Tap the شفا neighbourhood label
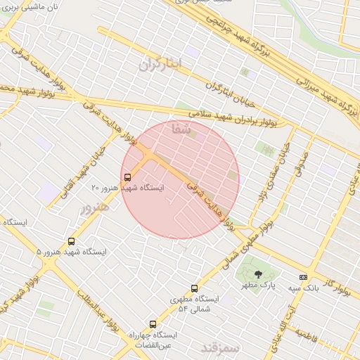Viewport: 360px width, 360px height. pyautogui.click(x=181, y=129)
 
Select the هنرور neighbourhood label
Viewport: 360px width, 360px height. pyautogui.click(x=95, y=207)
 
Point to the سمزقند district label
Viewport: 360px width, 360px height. pyautogui.click(x=221, y=348)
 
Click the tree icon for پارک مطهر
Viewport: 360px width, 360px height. pyautogui.click(x=258, y=274)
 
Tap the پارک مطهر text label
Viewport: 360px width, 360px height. pyautogui.click(x=259, y=286)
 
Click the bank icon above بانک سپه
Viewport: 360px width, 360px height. pyautogui.click(x=303, y=277)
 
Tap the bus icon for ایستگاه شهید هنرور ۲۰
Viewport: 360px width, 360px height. pyautogui.click(x=127, y=177)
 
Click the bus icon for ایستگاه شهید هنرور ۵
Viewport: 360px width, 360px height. pyautogui.click(x=71, y=241)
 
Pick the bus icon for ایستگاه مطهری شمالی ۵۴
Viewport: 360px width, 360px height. pyautogui.click(x=195, y=288)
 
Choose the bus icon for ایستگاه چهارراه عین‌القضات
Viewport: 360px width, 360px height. pyautogui.click(x=153, y=324)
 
